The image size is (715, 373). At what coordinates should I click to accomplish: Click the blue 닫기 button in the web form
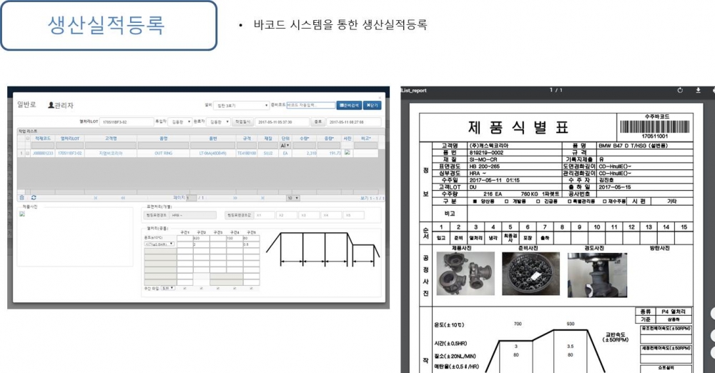point(372,105)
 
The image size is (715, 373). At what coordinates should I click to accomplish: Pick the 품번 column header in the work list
point(212,138)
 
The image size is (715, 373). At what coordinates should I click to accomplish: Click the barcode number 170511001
point(654,136)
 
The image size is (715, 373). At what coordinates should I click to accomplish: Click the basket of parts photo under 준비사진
point(531,274)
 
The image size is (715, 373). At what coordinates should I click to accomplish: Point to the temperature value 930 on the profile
point(570,324)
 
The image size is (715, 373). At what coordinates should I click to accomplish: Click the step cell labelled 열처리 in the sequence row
point(475,237)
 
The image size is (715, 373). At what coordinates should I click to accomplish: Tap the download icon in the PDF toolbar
point(698,90)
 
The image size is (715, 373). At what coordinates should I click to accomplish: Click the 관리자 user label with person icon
point(61,105)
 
